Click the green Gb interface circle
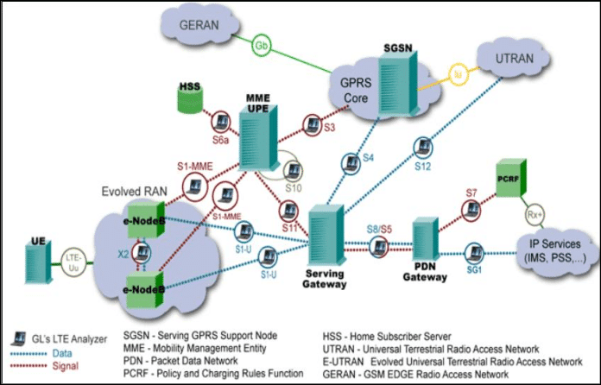260,45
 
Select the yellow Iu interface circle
459,75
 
